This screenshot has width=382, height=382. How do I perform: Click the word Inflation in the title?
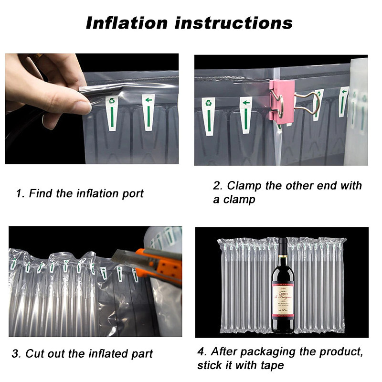[127, 22]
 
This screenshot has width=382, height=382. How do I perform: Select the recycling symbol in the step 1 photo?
[112, 101]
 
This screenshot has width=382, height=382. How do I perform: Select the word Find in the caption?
[40, 194]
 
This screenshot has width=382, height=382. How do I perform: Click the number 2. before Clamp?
[218, 186]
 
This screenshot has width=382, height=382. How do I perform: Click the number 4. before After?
[202, 352]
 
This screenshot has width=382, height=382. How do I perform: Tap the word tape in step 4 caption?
[273, 366]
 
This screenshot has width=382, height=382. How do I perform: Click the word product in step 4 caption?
[342, 352]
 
